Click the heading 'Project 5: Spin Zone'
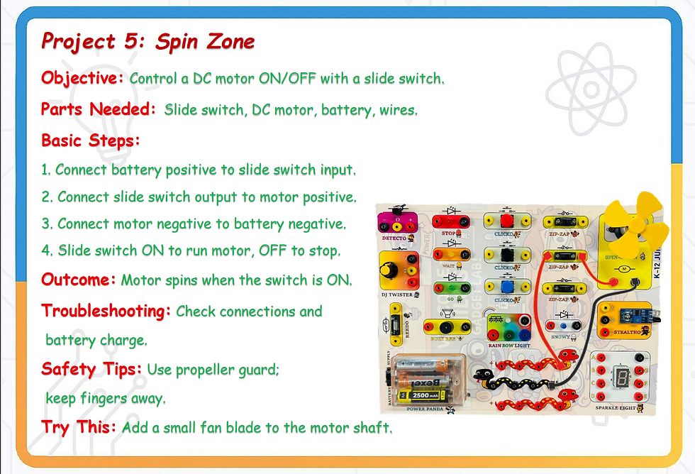[148, 41]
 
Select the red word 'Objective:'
[82, 78]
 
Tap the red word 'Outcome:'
[79, 280]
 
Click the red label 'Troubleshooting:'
[106, 311]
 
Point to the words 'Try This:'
[79, 427]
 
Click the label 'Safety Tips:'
[91, 369]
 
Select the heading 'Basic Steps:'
[91, 140]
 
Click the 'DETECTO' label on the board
[394, 238]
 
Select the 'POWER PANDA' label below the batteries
[425, 409]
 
